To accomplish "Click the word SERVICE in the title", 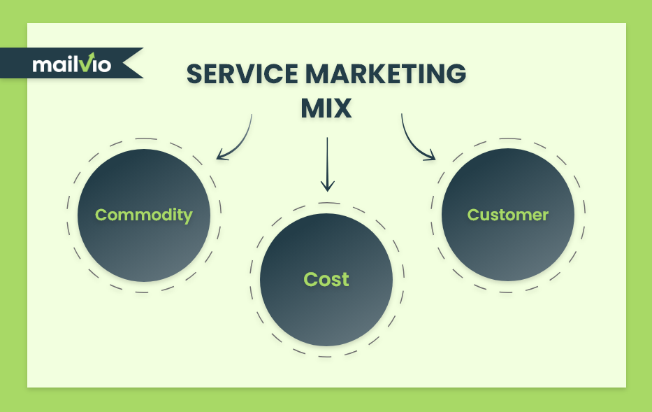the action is tap(242, 74).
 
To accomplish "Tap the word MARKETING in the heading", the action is tap(386, 74).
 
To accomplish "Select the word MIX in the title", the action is tap(326, 108).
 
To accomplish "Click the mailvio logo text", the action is tap(72, 63).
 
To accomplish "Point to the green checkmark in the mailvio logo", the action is tap(89, 62).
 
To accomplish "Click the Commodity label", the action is tap(144, 215).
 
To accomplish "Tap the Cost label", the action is tap(326, 279).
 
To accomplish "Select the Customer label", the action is tap(508, 215).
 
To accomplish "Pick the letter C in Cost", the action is tap(311, 279).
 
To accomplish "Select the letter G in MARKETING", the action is tap(456, 74).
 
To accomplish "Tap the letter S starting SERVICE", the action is tap(194, 74).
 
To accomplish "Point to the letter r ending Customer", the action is tap(545, 216).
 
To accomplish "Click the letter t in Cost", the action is tap(345, 280).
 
